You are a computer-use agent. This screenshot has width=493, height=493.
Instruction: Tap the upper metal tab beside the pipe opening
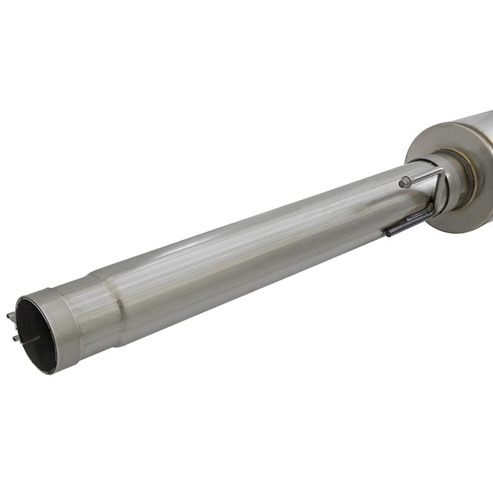[x=11, y=317]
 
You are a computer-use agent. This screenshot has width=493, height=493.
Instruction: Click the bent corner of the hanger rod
[x=441, y=174]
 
